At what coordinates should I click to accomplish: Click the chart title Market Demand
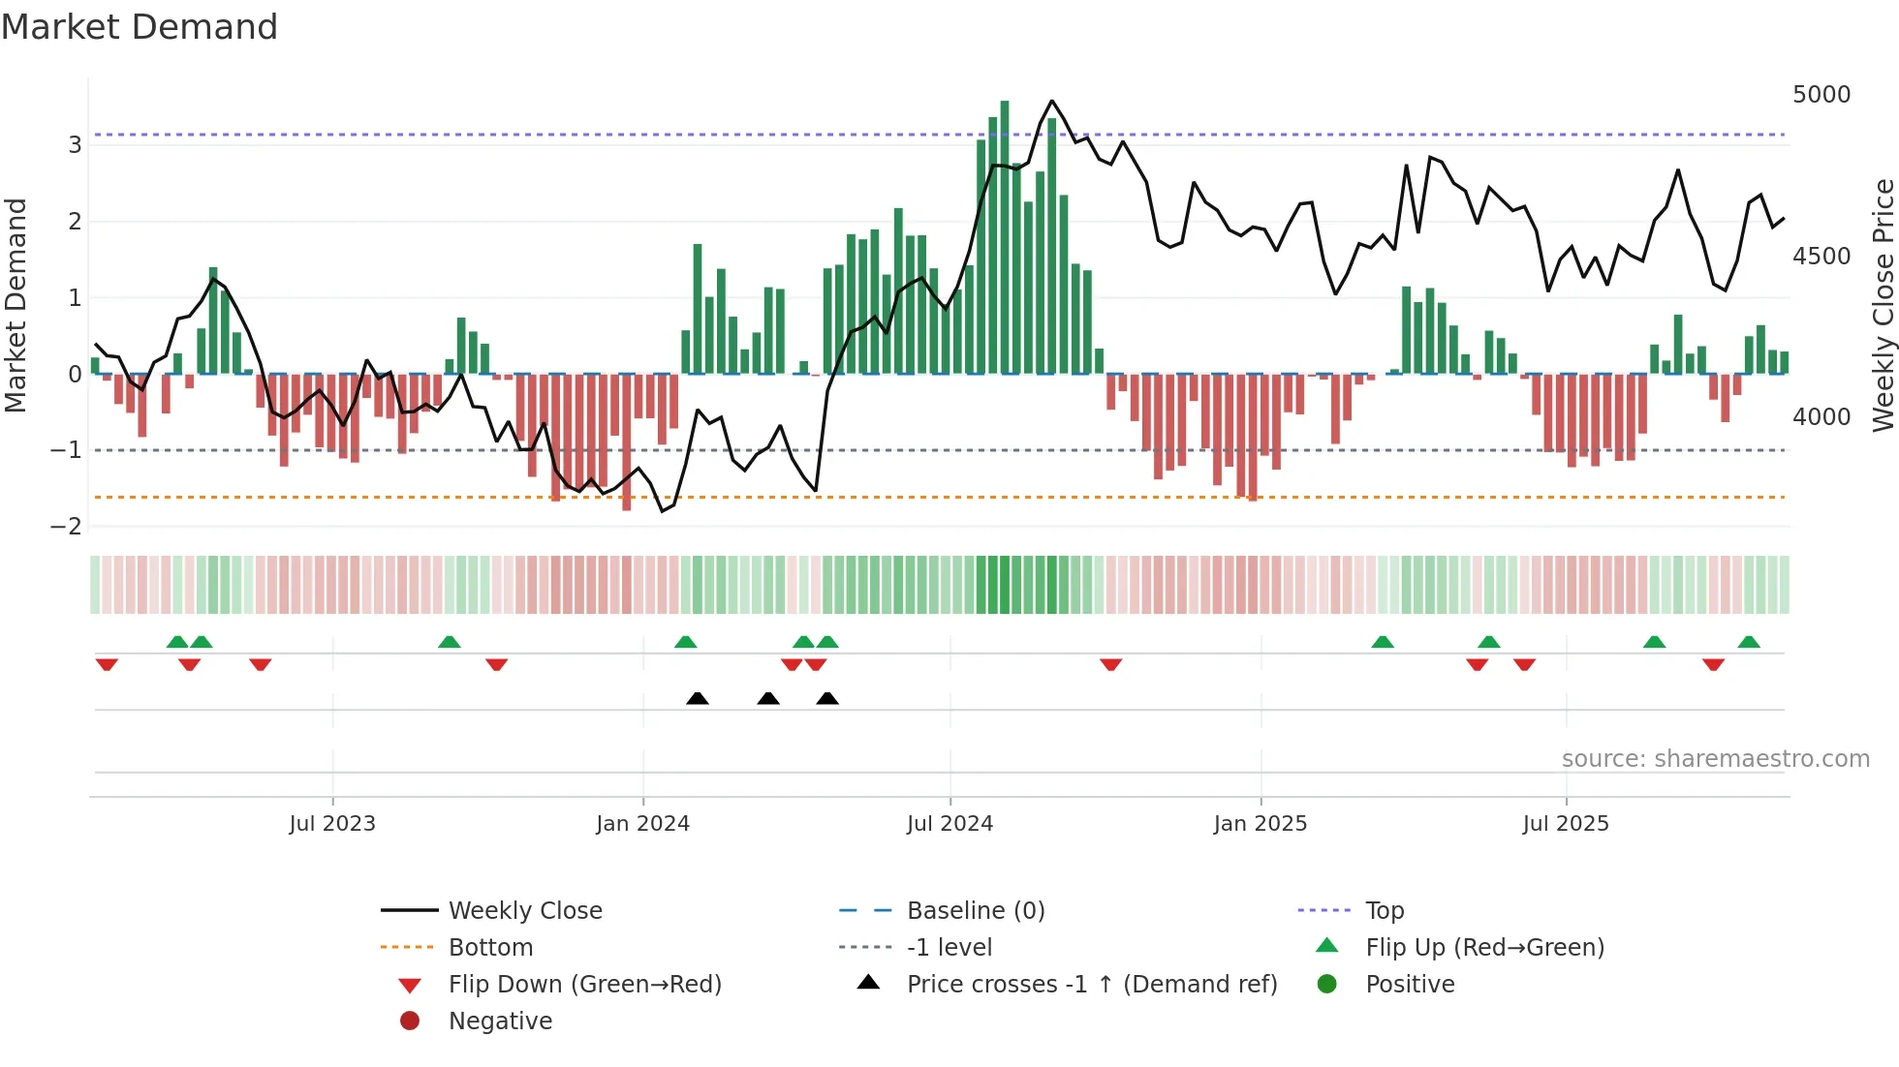click(140, 27)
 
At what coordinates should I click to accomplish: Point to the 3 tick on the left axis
click(75, 145)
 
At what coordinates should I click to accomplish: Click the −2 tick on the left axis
click(67, 527)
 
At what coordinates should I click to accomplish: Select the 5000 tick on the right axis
click(1821, 95)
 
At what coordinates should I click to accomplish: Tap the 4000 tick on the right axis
click(1821, 417)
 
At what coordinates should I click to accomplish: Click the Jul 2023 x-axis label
click(332, 824)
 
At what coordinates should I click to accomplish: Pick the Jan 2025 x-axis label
click(1260, 824)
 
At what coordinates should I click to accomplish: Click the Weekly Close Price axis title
click(1883, 305)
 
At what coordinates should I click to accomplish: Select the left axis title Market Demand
click(16, 305)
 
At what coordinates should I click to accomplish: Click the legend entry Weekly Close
click(524, 911)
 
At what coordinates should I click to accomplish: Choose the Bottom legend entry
click(490, 948)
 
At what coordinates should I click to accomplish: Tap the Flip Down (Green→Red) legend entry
click(584, 985)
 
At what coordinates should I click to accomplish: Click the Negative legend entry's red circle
click(410, 1021)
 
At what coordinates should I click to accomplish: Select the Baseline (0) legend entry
click(975, 911)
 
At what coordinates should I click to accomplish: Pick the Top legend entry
click(1384, 911)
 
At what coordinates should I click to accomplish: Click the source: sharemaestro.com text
click(1715, 759)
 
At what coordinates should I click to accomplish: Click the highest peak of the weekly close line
click(1052, 101)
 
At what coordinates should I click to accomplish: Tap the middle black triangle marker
click(768, 698)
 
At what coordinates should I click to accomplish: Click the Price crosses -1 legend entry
click(1091, 985)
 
